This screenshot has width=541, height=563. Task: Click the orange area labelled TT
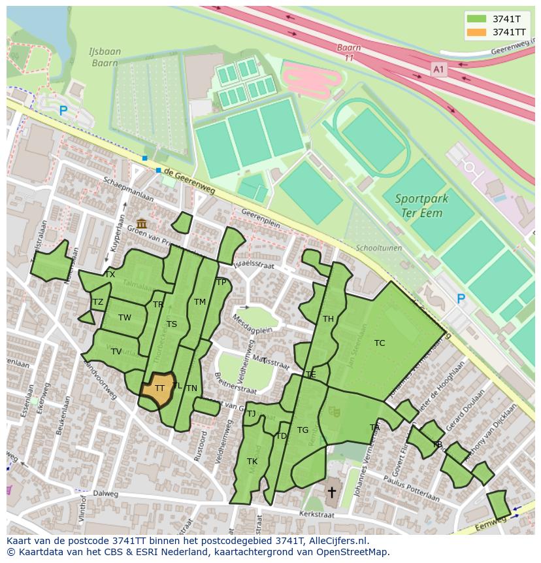(157, 388)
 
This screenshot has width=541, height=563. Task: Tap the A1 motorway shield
(438, 68)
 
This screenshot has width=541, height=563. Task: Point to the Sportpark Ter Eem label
(419, 205)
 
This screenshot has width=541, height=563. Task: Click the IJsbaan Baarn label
(103, 58)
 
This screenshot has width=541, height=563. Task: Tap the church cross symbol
(331, 491)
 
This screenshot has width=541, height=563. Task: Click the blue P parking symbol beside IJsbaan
(63, 111)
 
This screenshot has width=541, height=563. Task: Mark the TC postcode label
(380, 343)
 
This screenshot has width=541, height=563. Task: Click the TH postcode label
(328, 319)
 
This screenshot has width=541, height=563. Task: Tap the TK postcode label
(252, 462)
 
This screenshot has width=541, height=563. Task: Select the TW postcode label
(125, 318)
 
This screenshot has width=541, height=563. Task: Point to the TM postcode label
(200, 302)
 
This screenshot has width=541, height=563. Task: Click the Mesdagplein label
(252, 330)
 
